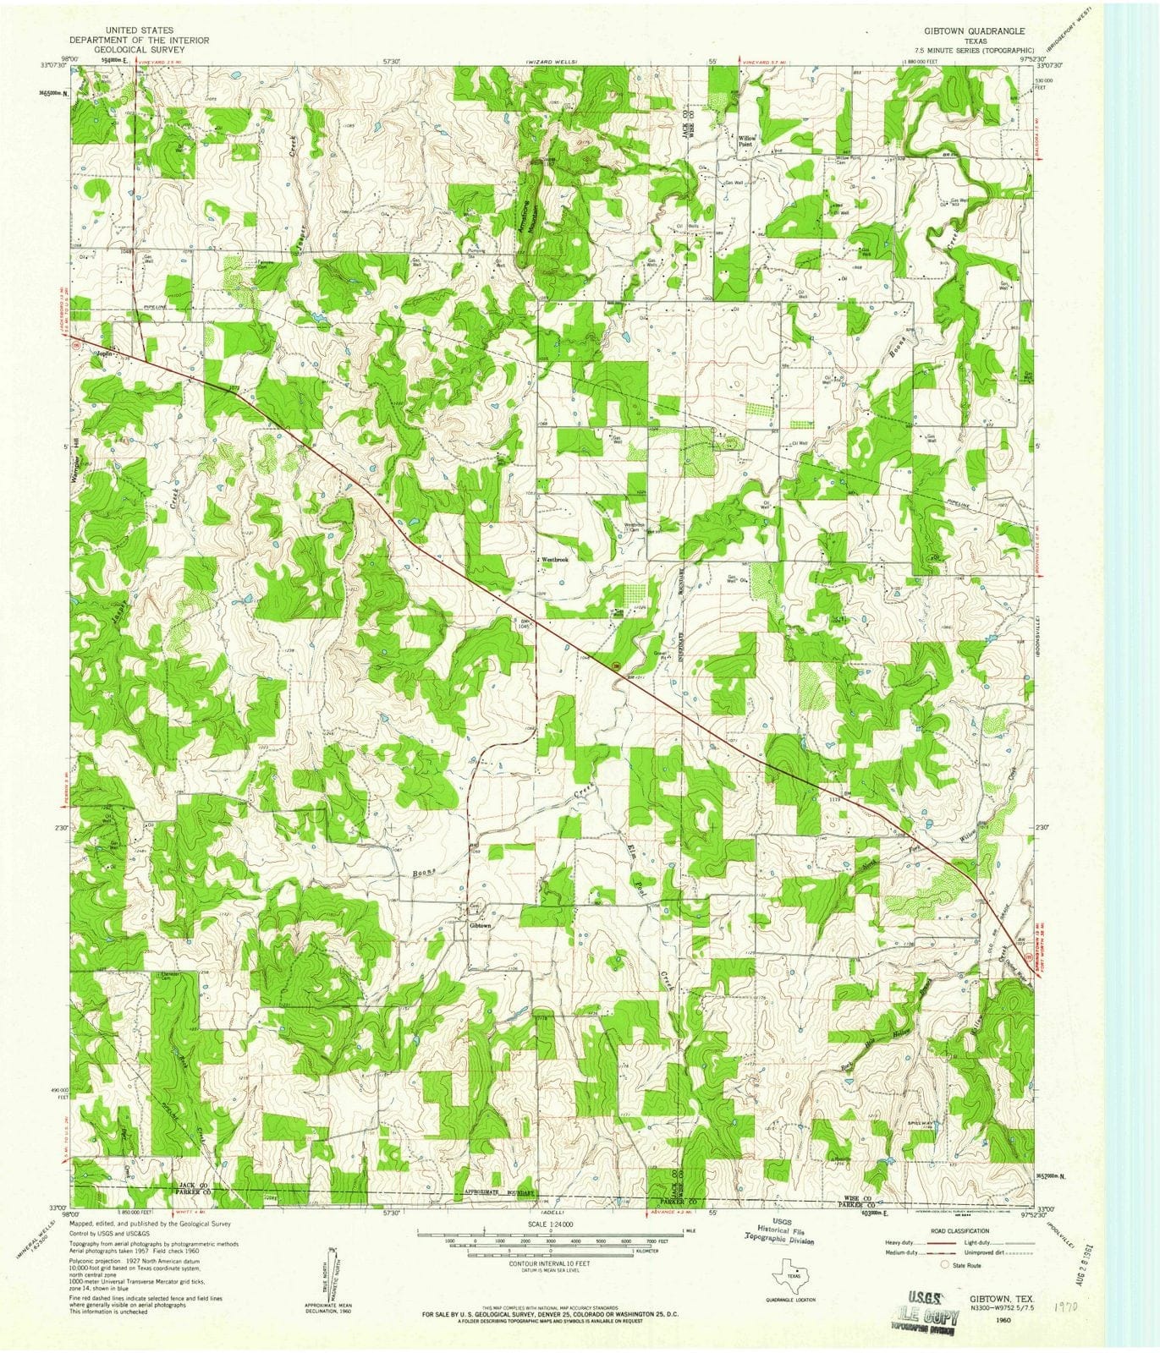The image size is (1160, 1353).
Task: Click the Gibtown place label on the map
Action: (480, 926)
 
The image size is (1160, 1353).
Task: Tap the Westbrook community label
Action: (554, 560)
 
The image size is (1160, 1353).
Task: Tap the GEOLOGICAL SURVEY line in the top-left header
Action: (139, 50)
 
